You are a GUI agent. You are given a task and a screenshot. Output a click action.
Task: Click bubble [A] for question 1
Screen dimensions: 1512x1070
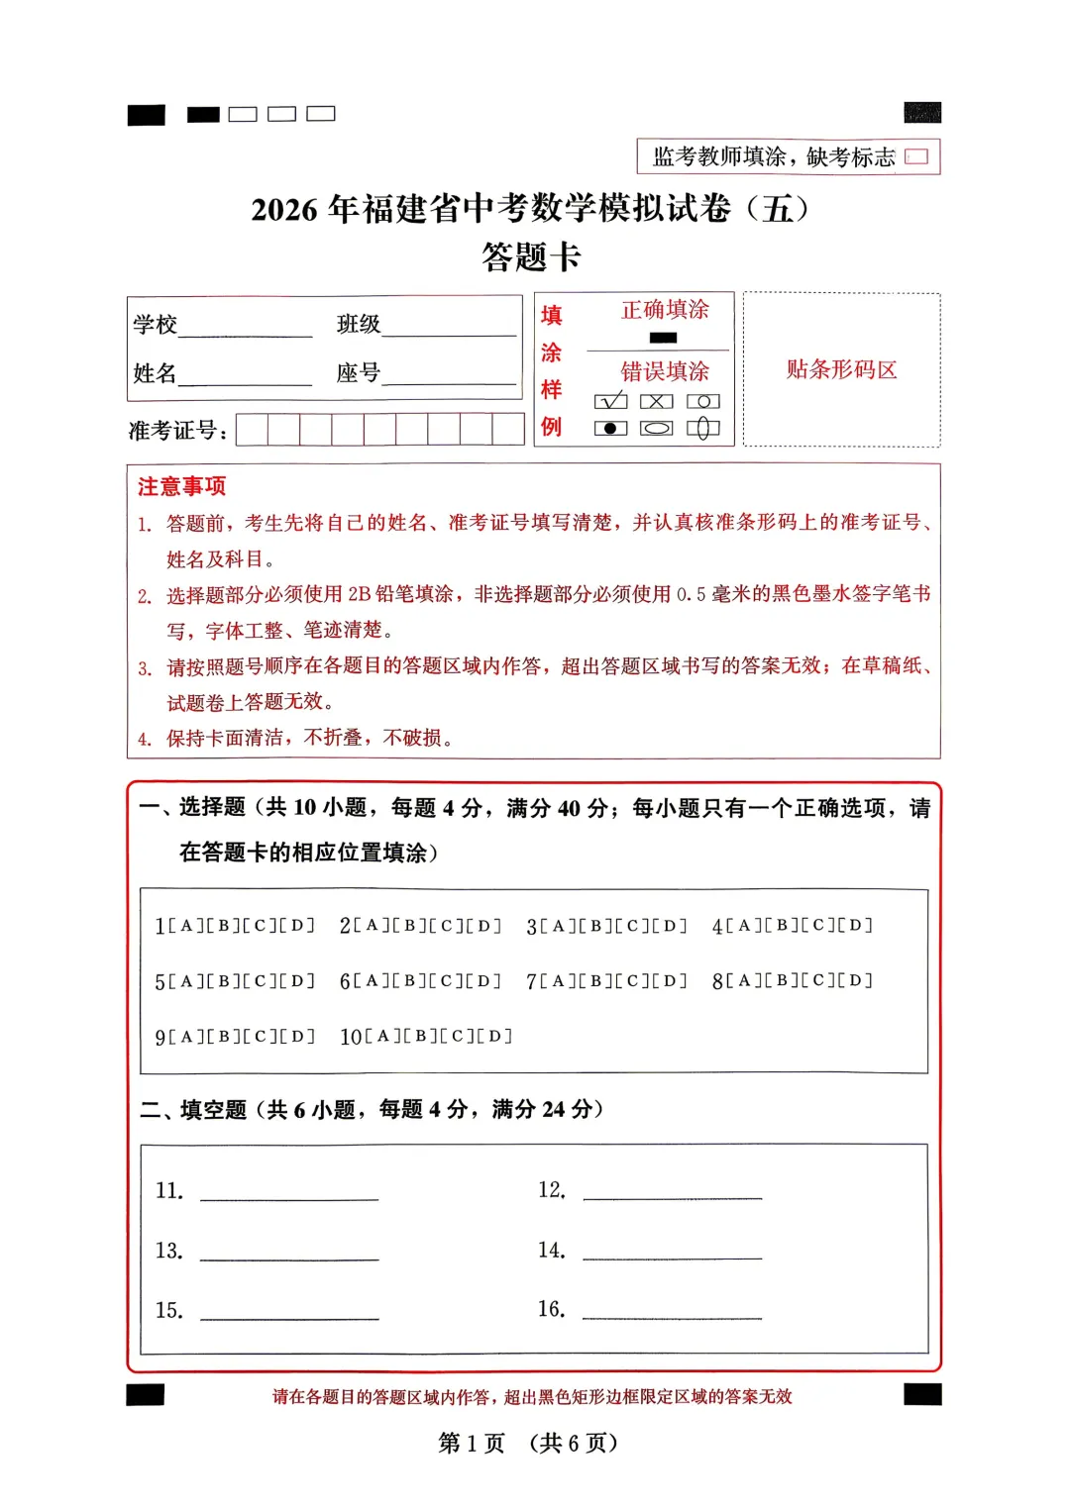tap(185, 926)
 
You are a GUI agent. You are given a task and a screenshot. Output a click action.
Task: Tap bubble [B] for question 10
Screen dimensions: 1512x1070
tap(420, 1037)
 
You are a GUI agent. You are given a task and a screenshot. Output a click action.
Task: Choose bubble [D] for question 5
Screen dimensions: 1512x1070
tap(296, 981)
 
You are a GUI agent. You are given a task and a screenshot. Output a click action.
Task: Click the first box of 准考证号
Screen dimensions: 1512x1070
tap(252, 430)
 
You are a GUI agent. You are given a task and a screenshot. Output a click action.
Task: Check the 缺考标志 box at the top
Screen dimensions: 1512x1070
tap(917, 156)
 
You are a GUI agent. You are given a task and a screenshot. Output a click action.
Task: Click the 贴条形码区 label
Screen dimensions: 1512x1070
tap(841, 370)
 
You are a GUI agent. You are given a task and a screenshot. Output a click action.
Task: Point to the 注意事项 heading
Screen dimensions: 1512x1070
tap(181, 486)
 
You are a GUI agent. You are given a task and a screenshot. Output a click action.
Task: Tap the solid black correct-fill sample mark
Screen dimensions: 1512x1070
tap(663, 338)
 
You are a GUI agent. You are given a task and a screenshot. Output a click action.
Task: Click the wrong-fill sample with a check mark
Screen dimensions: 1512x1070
tap(610, 401)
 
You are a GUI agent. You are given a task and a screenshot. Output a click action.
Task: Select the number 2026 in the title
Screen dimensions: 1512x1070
tap(284, 210)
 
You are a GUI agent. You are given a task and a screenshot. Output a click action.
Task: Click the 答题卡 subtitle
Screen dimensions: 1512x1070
tap(531, 257)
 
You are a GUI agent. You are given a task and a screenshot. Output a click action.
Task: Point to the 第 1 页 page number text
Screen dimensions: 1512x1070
tap(472, 1443)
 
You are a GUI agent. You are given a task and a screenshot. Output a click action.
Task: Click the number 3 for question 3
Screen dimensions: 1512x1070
tap(531, 927)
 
